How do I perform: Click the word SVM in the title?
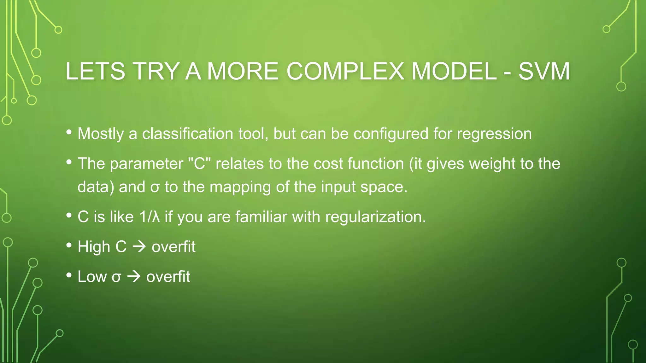(544, 71)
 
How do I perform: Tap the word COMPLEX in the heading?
(345, 71)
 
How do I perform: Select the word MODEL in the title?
(454, 71)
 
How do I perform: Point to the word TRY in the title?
(156, 71)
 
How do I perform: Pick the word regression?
(494, 134)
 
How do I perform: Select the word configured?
(391, 134)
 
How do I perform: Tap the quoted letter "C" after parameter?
(199, 164)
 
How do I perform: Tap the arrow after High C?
(139, 247)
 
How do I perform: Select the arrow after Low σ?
(134, 277)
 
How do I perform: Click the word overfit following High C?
(173, 247)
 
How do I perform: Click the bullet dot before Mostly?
(69, 132)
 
